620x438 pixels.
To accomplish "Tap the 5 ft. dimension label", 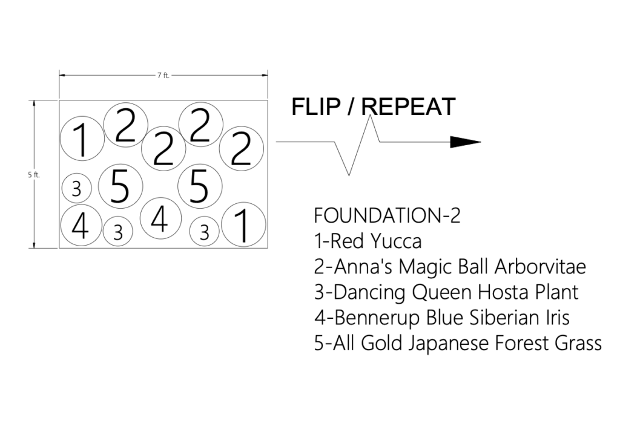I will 33,175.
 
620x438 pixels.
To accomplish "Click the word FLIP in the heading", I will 317,106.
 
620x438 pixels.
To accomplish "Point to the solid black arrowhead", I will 464,142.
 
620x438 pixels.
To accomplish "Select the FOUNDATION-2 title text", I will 382,216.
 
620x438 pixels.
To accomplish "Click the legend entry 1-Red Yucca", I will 368,241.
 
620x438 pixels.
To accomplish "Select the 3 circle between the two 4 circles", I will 119,231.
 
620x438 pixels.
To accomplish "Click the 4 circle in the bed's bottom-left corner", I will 81,224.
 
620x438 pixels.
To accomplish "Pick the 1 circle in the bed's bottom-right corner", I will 243,225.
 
